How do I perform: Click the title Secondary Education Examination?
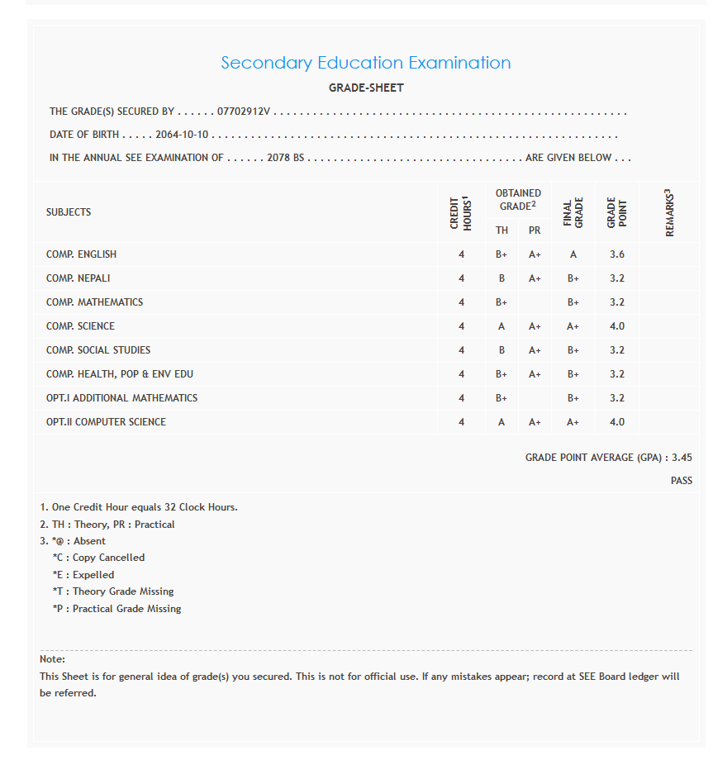pos(366,63)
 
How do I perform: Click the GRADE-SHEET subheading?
pos(366,88)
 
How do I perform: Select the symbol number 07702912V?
pos(244,112)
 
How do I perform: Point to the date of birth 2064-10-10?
pos(182,135)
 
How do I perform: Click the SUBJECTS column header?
pos(69,212)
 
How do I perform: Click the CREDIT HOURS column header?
pos(461,212)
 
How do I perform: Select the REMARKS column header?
pos(669,212)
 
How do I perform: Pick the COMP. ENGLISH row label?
pos(81,254)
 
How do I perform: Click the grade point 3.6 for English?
pos(617,254)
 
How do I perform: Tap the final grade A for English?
pos(573,254)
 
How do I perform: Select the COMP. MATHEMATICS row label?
pos(94,302)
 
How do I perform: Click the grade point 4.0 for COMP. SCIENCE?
pos(617,326)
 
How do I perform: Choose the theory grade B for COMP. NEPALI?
pos(501,278)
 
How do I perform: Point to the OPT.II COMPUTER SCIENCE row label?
pos(106,422)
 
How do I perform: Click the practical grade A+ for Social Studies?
pos(535,350)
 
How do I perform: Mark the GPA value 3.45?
pos(682,457)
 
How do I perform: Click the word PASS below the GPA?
pos(682,481)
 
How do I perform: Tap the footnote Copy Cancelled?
pos(108,558)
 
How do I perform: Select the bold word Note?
pos(52,659)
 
